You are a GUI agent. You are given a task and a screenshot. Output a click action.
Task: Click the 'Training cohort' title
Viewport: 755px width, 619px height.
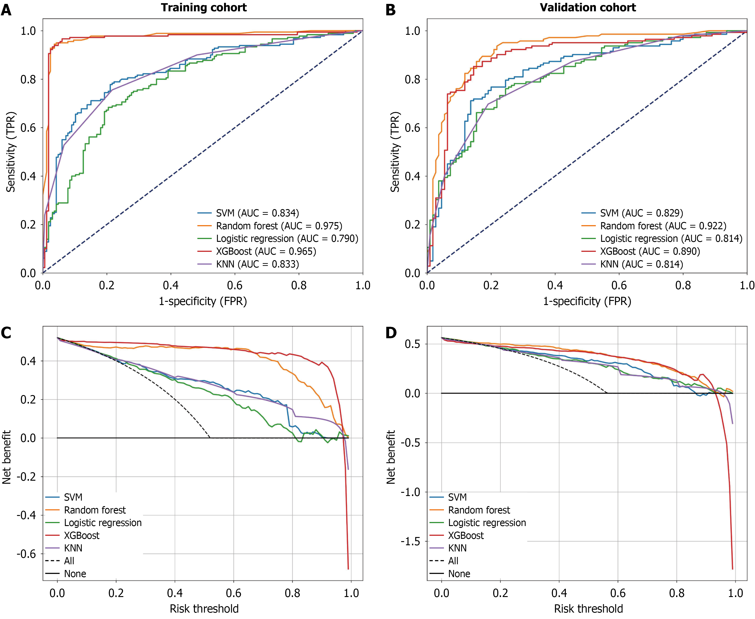point(204,8)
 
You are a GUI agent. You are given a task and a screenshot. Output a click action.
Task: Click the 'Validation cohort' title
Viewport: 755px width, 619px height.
point(588,8)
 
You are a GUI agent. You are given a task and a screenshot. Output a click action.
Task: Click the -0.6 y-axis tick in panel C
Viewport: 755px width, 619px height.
point(26,554)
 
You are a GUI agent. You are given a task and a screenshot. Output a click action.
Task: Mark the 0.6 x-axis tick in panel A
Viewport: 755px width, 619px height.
point(235,285)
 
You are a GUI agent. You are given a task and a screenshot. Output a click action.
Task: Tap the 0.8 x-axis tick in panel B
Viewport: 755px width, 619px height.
point(683,285)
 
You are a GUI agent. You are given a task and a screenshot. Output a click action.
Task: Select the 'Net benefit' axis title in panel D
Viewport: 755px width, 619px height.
point(391,457)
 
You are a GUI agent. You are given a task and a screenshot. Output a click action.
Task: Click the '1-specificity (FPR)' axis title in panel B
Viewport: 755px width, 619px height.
point(587,301)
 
